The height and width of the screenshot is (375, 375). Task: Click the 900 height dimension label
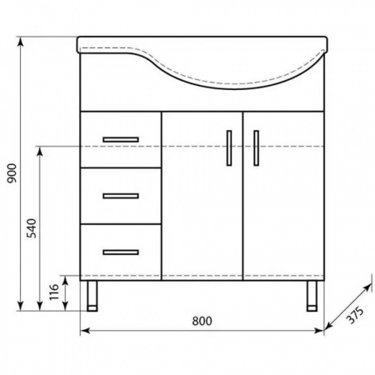12,173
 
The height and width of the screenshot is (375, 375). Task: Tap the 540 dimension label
32,228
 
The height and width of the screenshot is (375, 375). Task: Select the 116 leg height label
54,292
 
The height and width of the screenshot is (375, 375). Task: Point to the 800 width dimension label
202,321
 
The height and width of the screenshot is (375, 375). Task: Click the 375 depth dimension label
355,315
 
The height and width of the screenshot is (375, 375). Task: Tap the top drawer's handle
121,139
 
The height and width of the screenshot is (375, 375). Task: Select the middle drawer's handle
121,196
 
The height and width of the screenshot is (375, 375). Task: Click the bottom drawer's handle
121,252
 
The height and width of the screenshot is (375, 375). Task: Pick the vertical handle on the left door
229,148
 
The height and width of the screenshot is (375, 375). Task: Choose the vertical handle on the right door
256,148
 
